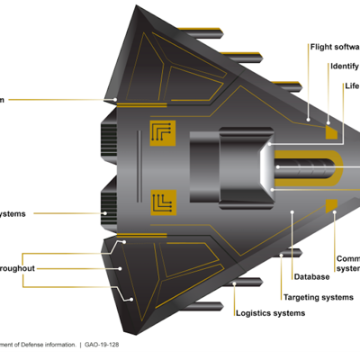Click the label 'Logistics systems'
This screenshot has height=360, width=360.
pos(269,313)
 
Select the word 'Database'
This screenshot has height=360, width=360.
pos(311,277)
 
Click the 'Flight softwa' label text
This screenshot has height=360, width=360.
pos(334,46)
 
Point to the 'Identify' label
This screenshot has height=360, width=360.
pos(345,66)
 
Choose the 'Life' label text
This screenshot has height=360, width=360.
pos(352,86)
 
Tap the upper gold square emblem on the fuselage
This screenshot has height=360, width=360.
pos(163,132)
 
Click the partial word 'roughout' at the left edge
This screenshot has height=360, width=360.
pos(17,268)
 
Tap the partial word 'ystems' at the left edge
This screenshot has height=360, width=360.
pos(13,213)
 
